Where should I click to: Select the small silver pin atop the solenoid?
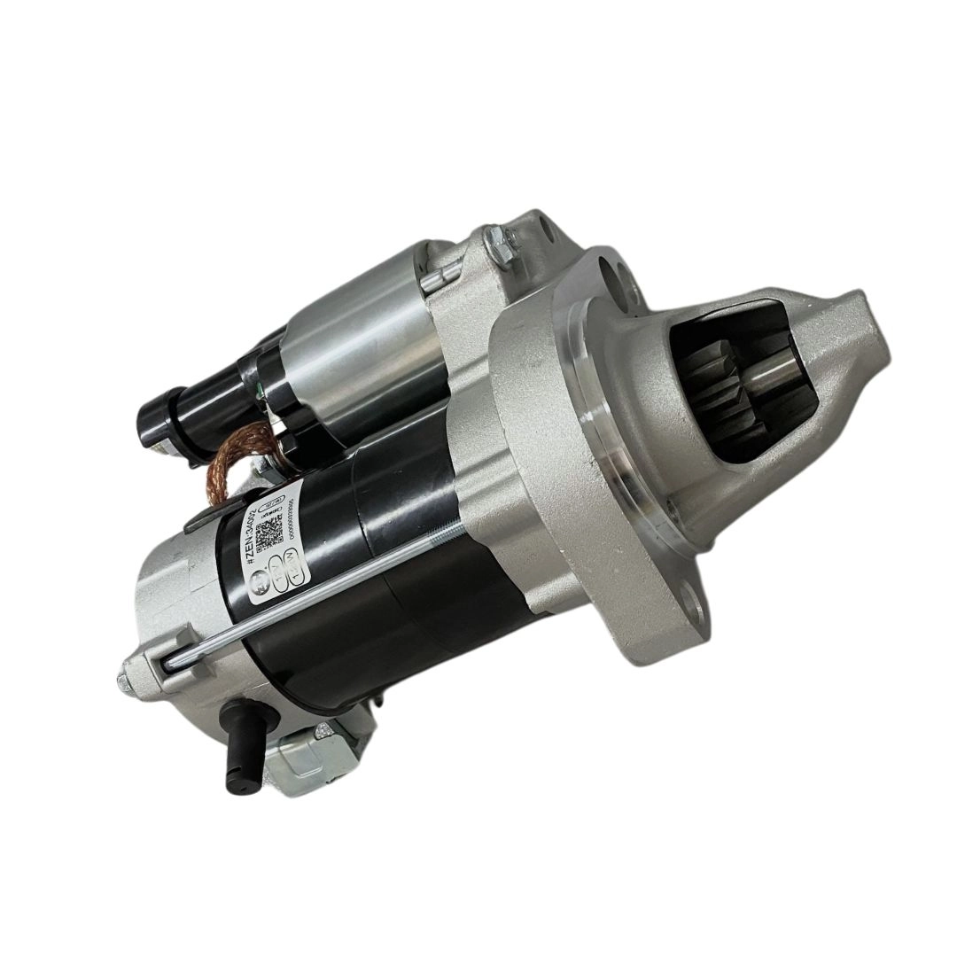(x=428, y=283)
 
